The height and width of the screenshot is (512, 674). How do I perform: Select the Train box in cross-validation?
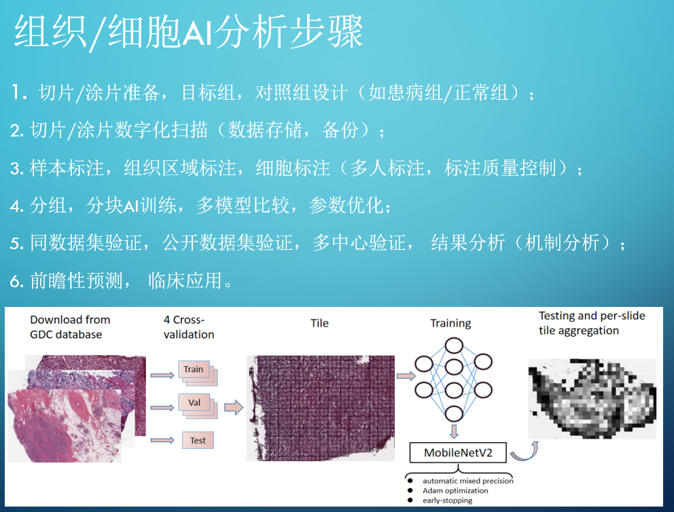(194, 369)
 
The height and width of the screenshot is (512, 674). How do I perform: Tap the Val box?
(194, 403)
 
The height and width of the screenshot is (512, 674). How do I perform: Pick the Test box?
(198, 441)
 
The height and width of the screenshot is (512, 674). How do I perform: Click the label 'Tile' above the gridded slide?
(319, 324)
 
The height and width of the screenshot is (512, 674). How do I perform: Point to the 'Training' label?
(450, 323)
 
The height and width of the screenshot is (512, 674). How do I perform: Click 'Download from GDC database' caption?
(70, 327)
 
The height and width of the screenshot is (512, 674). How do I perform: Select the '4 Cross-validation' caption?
(189, 327)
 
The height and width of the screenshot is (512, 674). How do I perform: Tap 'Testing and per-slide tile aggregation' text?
(591, 323)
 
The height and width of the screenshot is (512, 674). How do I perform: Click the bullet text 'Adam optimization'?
(455, 490)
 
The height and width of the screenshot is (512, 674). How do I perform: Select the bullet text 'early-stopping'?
(447, 500)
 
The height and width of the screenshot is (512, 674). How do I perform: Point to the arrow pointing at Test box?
(162, 441)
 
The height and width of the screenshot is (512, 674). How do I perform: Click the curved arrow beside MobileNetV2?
(523, 450)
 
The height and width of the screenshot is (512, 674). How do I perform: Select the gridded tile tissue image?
(320, 407)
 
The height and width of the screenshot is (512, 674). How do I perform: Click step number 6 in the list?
(16, 280)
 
